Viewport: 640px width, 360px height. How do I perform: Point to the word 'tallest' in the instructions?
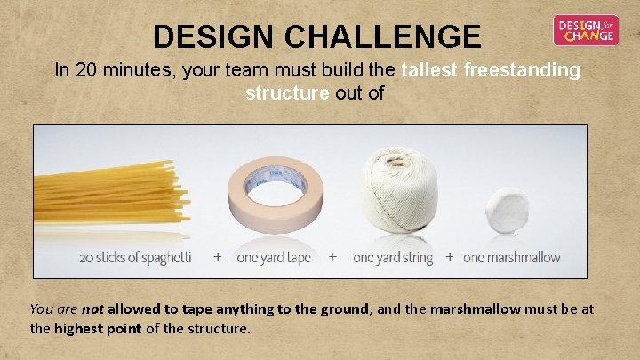coord(432,70)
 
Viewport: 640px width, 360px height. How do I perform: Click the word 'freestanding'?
coord(523,70)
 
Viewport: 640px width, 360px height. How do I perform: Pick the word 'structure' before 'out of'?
coord(287,93)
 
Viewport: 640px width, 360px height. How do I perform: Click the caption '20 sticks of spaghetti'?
coord(135,258)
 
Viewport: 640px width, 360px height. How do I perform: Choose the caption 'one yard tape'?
coord(274,258)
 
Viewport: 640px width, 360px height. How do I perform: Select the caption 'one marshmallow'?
coord(512,258)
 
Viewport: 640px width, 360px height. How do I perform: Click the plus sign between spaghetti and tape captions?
coord(218,257)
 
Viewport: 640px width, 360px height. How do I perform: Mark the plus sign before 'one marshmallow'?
coord(450,257)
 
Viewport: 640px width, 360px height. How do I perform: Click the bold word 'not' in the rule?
coord(93,309)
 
